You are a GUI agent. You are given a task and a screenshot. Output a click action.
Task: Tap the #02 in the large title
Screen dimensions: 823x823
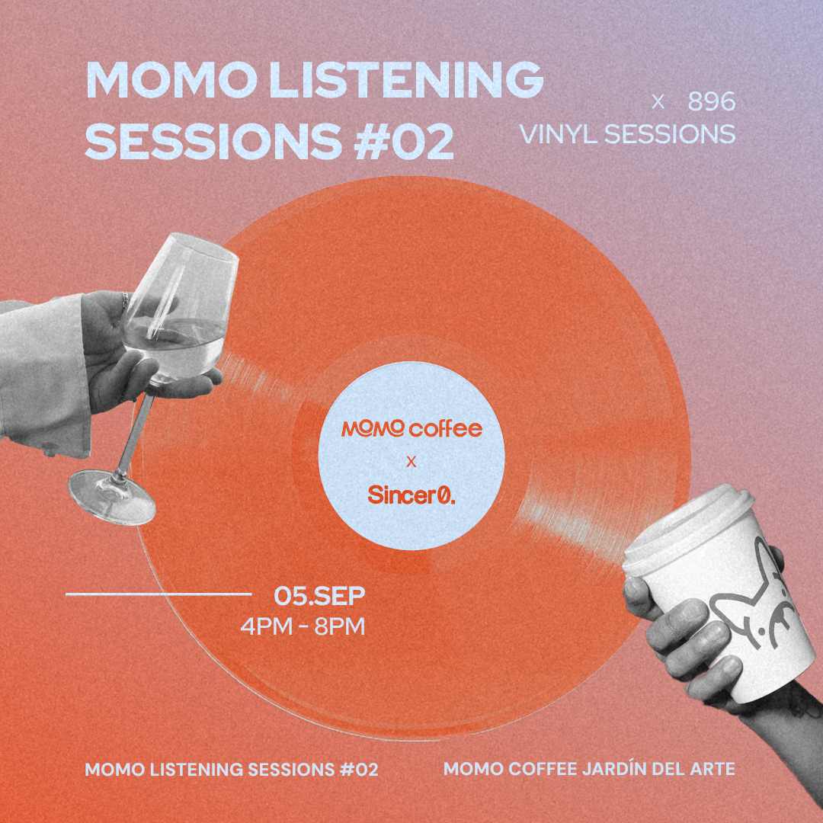coord(404,142)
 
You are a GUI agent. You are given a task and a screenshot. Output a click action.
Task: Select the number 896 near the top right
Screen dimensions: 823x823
coord(711,101)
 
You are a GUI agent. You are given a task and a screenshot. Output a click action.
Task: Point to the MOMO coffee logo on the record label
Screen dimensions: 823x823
coord(411,428)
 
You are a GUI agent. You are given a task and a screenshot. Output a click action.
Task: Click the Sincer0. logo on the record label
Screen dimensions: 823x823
coord(411,494)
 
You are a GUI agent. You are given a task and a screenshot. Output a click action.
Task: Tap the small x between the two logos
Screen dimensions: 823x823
coord(411,463)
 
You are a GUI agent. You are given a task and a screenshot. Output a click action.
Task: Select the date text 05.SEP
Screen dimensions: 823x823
coord(319,596)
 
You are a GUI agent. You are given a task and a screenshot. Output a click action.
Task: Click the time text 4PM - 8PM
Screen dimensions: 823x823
coord(303,626)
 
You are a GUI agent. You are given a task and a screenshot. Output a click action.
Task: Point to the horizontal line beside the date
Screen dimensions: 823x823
coord(159,594)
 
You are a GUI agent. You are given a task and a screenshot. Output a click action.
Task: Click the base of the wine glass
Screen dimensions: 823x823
coord(112,496)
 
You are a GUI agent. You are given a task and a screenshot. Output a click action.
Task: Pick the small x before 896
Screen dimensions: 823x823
coord(658,102)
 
